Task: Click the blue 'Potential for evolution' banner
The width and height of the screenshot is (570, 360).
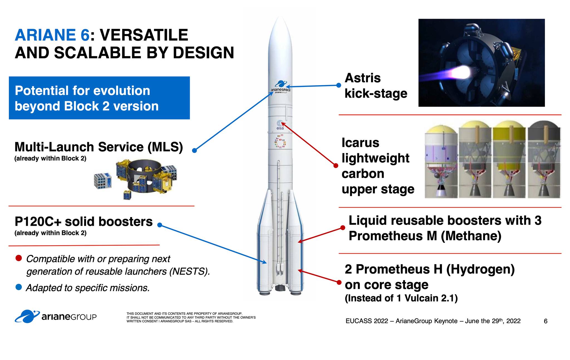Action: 99,98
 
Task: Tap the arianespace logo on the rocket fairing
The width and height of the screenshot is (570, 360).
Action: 281,87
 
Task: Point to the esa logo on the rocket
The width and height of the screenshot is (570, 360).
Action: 280,125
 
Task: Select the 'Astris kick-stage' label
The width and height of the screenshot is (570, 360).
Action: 376,86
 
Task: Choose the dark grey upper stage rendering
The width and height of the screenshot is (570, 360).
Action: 544,159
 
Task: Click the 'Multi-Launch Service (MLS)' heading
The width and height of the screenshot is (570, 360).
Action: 99,147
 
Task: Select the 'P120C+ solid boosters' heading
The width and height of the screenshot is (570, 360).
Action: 83,222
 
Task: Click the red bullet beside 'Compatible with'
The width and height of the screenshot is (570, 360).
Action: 19,258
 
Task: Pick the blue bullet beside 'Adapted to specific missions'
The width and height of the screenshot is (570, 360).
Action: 19,287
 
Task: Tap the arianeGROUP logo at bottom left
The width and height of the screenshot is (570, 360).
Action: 56,317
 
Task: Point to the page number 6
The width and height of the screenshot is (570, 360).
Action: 546,321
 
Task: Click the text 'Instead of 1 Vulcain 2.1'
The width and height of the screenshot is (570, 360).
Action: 401,298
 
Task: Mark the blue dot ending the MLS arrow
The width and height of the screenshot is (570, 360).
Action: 195,150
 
